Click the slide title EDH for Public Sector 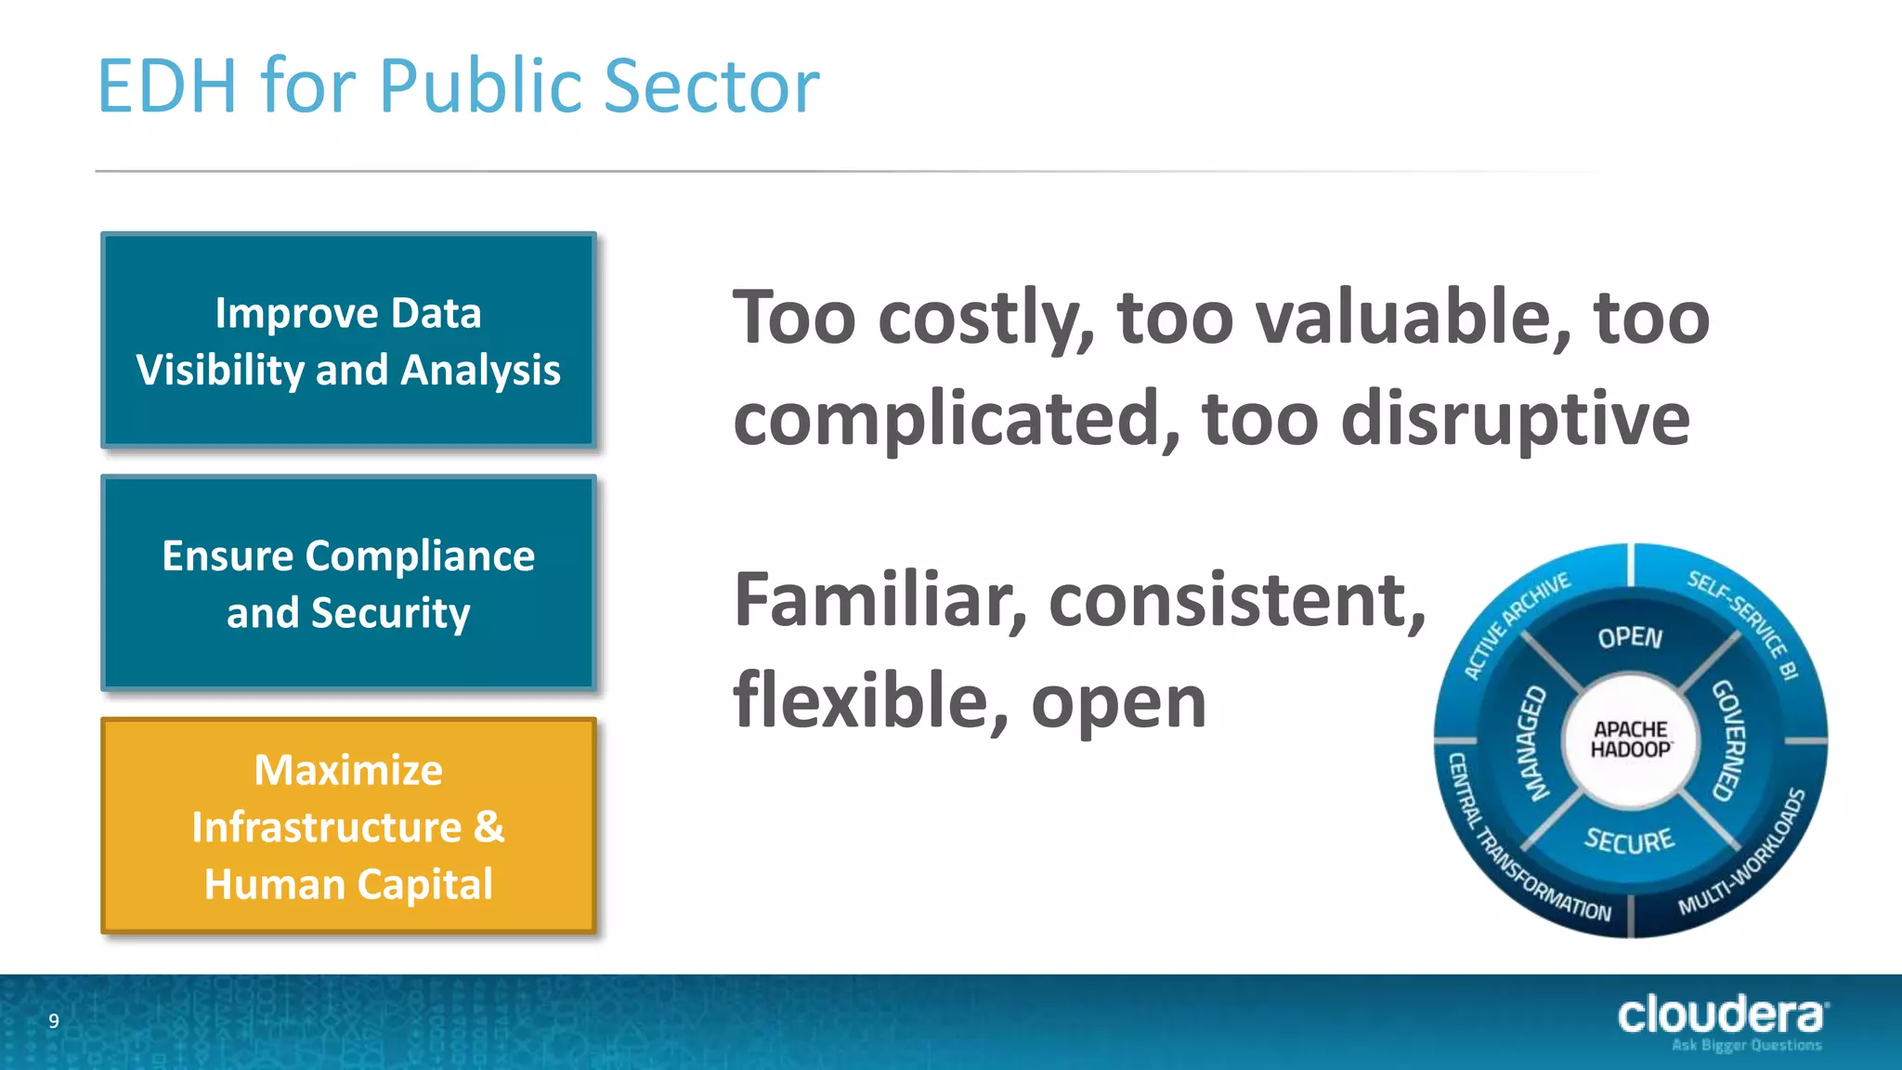coord(458,85)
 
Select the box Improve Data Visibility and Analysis coord(348,341)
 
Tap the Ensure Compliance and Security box coord(348,583)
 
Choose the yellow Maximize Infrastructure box coord(348,826)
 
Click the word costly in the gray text coord(984,319)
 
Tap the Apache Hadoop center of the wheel coord(1631,739)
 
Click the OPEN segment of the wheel coord(1630,637)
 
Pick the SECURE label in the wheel coord(1630,841)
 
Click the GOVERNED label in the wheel coord(1729,740)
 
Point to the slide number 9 coord(54,1021)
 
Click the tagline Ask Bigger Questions coord(1746,1046)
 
